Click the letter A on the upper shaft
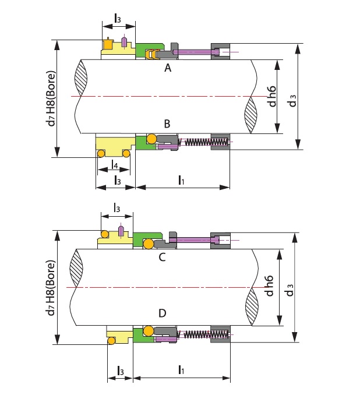[x=168, y=69]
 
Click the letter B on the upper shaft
[x=167, y=124]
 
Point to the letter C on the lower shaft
[x=162, y=257]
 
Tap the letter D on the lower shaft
[x=162, y=314]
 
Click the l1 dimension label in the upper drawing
[x=181, y=180]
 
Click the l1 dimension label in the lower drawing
[x=181, y=369]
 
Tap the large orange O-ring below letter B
[x=151, y=139]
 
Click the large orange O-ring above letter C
[x=149, y=244]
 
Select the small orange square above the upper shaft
[x=108, y=44]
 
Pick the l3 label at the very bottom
[x=120, y=371]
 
